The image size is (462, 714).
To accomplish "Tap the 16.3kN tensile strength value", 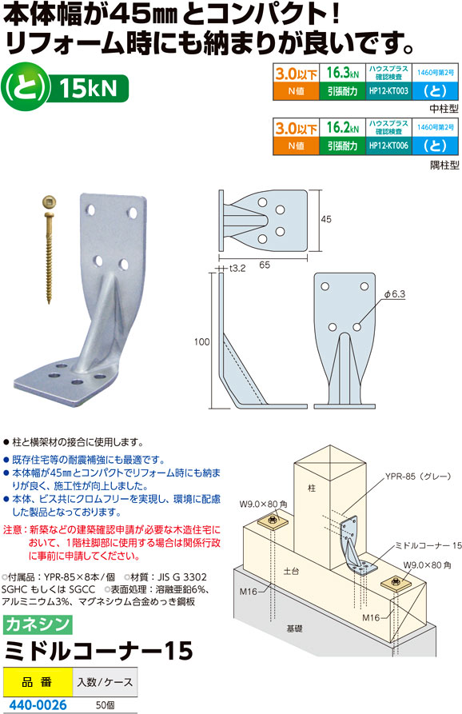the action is pos(342,73).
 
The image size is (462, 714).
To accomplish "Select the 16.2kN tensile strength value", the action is pos(342,127).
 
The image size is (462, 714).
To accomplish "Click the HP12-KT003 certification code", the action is pos(388,91).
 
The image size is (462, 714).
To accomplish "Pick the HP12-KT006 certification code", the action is pos(388,146).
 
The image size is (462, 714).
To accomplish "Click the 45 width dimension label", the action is pos(326,220).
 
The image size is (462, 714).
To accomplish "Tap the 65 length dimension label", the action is pos(265,265).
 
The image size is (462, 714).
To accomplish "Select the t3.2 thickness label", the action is pos(237,269).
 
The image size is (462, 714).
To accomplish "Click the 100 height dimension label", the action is pos(201,341).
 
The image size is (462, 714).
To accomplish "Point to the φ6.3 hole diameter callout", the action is pos(395,294).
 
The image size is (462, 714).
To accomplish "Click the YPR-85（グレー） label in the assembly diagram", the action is pos(418,477).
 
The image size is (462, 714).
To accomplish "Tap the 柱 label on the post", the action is pos(312,489).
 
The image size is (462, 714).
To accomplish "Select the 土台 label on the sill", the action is pos(291,571).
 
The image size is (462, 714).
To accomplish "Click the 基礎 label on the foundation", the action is pos(294,629).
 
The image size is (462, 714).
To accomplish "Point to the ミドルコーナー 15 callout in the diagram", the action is pos(428,545).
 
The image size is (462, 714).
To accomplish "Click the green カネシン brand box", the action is pos(38,624).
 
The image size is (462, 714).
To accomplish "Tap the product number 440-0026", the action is pos(38,705).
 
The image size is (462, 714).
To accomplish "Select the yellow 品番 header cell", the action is pos(38,682).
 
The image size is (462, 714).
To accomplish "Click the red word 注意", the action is pos(12,530).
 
